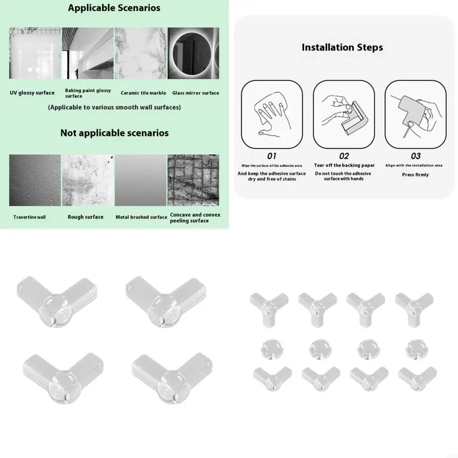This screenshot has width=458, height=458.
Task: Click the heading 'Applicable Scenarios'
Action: click(x=114, y=8)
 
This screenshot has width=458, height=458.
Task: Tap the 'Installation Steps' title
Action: click(x=342, y=47)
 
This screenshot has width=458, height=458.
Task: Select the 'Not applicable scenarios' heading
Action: click(x=114, y=133)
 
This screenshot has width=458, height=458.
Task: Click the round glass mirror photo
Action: click(x=193, y=53)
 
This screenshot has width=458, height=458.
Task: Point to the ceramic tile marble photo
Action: click(x=140, y=53)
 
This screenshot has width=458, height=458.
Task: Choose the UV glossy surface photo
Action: click(x=35, y=53)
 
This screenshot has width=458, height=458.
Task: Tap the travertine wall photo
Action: click(x=35, y=180)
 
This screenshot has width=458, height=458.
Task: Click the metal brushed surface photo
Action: click(x=140, y=180)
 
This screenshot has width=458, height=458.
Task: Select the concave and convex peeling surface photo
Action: click(x=193, y=180)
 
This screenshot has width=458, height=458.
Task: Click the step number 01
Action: click(x=271, y=156)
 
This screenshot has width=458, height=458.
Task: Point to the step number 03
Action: click(x=416, y=156)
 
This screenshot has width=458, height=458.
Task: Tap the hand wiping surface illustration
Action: click(x=271, y=114)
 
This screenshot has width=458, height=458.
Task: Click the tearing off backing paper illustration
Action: click(x=343, y=114)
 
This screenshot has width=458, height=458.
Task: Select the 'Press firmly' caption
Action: click(x=415, y=175)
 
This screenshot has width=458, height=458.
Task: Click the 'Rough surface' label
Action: click(x=85, y=217)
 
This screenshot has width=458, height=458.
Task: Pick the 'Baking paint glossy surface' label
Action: click(x=88, y=93)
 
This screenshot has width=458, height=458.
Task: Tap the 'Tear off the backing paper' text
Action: click(x=344, y=165)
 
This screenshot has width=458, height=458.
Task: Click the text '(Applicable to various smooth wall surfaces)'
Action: click(x=114, y=107)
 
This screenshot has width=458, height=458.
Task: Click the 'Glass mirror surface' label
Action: click(x=195, y=93)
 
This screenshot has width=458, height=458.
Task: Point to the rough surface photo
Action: click(x=88, y=180)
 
